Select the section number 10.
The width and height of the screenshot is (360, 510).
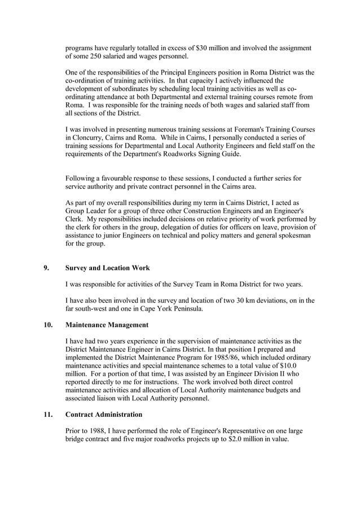click(x=49, y=325)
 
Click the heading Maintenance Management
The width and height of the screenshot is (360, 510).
click(x=107, y=325)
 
